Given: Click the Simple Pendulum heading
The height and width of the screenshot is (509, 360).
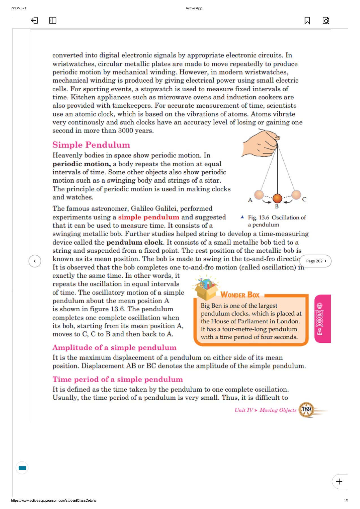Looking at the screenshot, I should [x=91, y=145].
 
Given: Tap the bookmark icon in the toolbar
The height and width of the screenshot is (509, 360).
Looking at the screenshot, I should [x=307, y=20].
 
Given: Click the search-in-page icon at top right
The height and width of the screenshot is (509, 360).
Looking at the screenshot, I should [x=326, y=20].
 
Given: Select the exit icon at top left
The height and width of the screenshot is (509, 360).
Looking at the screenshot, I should [x=34, y=20].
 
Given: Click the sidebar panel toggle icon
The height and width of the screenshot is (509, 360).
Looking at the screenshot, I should [x=53, y=20].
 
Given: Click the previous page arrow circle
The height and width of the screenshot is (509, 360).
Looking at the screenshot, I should [x=35, y=261].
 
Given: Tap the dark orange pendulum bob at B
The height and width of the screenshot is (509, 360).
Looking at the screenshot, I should [x=277, y=198].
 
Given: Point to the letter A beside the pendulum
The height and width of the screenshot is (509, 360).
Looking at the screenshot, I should [x=250, y=200].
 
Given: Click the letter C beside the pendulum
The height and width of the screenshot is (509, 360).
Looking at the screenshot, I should [x=304, y=199].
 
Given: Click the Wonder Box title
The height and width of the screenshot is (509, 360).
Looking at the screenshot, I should [x=240, y=295].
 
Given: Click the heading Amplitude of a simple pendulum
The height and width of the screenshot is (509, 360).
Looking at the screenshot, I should [x=114, y=348].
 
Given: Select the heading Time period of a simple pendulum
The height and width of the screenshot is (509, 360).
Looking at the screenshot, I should [x=118, y=379].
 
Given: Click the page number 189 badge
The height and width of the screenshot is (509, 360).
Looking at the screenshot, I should [x=306, y=409].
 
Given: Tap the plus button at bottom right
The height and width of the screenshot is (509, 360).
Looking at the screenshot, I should [x=339, y=482].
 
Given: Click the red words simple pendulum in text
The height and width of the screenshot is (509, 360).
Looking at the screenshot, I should [x=148, y=217].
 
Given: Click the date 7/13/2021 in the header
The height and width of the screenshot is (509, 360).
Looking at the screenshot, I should [x=18, y=8].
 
